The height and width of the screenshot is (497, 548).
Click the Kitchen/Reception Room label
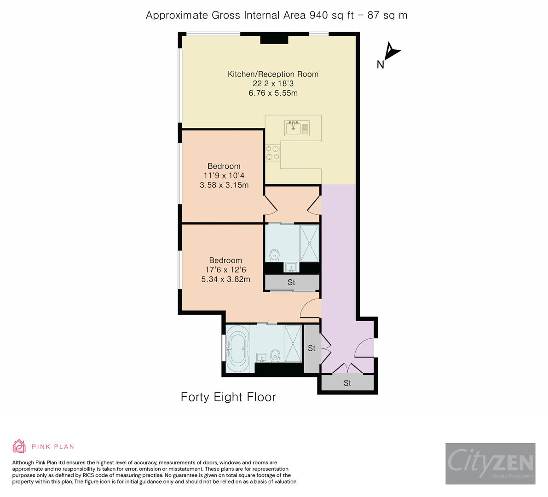pos(273,74)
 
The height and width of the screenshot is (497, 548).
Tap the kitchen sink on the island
pos(293,127)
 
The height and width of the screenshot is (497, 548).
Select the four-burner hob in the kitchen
pos(272,153)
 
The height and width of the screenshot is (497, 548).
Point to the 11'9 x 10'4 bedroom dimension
pos(224,176)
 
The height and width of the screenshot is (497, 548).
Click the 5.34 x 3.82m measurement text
pos(225,279)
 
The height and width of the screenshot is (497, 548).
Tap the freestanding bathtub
pos(237,348)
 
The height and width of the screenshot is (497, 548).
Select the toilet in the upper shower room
pos(275,254)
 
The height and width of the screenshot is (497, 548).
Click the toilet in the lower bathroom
pos(275,355)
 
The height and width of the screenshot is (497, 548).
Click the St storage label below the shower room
pos(291,283)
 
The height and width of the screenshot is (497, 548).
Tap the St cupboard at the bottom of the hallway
pos(347,383)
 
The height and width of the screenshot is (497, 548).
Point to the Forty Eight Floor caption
pos(228,397)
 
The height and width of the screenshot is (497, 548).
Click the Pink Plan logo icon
pos(19,446)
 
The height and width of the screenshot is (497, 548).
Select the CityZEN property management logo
pos(490,463)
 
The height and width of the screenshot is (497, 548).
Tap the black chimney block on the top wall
pos(274,40)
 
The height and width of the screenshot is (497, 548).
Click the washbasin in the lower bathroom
pos(261,357)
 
